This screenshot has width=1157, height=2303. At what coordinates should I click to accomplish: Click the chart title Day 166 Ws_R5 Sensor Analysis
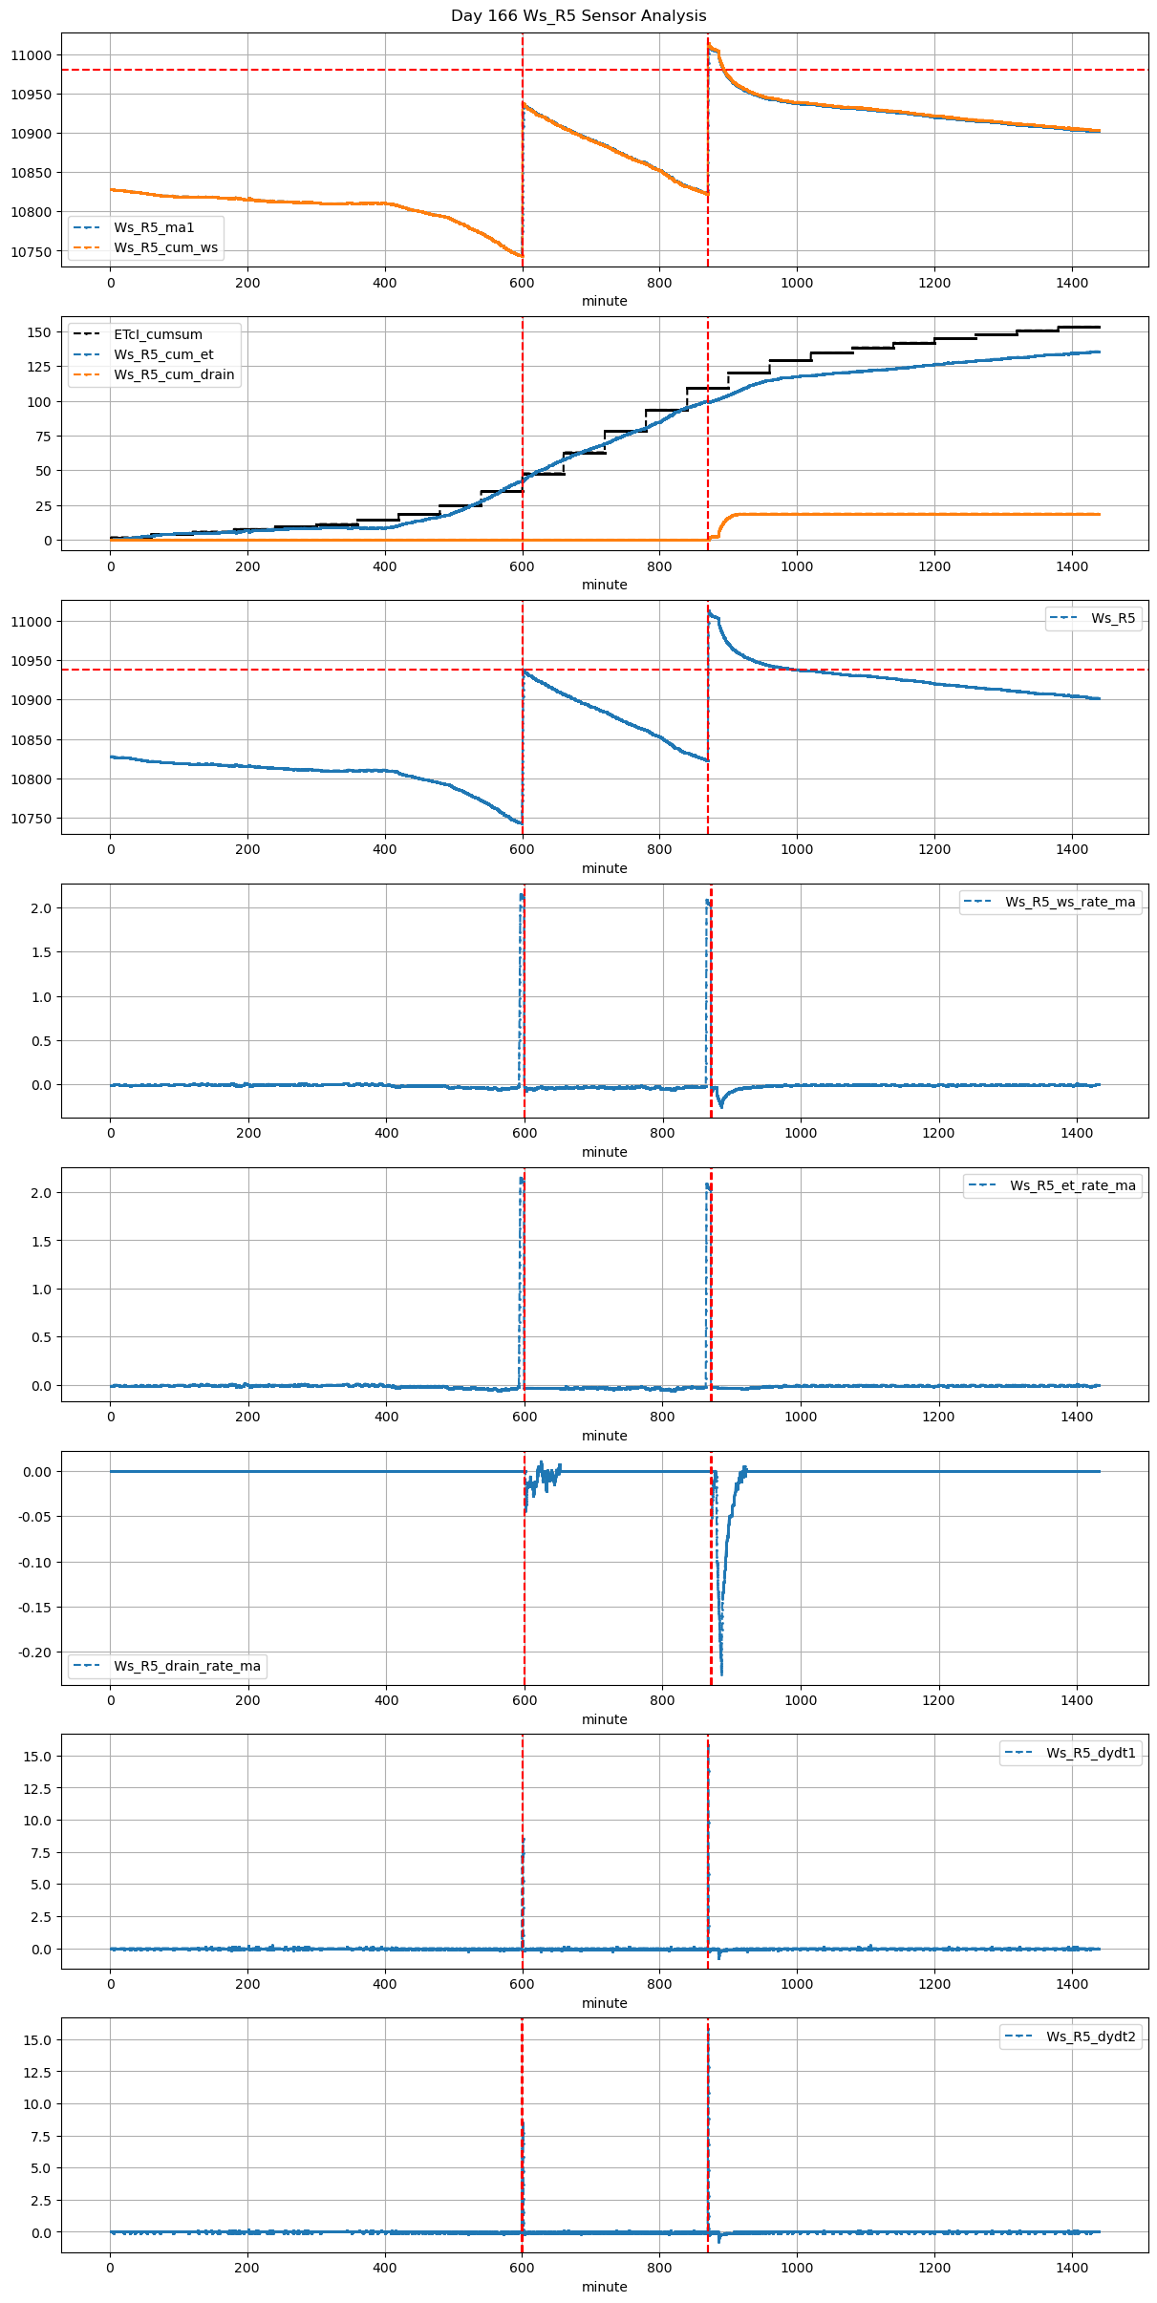pyautogui.click(x=578, y=16)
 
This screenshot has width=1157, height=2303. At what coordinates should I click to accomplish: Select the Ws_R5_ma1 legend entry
pyautogui.click(x=154, y=227)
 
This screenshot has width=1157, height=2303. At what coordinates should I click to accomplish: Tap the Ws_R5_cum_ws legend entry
pyautogui.click(x=165, y=247)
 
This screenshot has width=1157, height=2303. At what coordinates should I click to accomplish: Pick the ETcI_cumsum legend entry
pyautogui.click(x=158, y=334)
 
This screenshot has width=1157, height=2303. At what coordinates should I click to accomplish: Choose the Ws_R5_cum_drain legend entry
pyautogui.click(x=174, y=374)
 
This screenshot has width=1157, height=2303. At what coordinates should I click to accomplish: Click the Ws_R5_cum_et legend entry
pyautogui.click(x=163, y=354)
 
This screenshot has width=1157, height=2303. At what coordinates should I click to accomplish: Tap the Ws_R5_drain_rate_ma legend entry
pyautogui.click(x=186, y=1666)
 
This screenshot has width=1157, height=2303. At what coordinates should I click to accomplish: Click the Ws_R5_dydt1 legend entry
pyautogui.click(x=1090, y=1753)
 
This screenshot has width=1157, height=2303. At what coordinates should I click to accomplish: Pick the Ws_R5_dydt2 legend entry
pyautogui.click(x=1090, y=2036)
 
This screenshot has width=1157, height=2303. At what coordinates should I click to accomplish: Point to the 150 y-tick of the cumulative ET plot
pyautogui.click(x=39, y=332)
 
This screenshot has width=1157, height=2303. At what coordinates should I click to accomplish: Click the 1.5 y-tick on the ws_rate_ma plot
pyautogui.click(x=43, y=952)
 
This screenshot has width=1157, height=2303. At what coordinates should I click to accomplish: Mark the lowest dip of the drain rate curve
pyautogui.click(x=721, y=1674)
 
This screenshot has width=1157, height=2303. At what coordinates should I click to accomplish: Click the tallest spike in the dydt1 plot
pyautogui.click(x=708, y=1745)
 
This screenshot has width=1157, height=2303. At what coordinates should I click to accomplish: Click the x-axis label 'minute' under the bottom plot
pyautogui.click(x=604, y=2287)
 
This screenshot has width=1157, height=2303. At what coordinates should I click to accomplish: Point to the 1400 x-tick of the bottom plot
pyautogui.click(x=1072, y=2268)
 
